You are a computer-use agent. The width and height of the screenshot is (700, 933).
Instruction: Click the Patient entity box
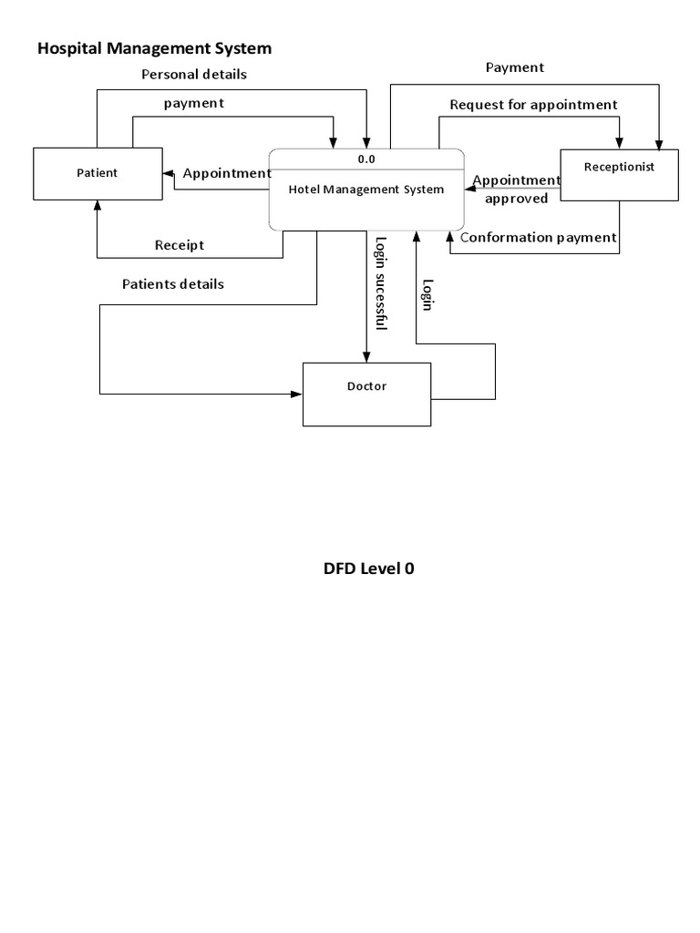[x=98, y=172]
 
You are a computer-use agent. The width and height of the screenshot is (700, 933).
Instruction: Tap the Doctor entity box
[x=366, y=394]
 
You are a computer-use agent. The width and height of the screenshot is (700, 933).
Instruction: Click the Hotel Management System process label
[x=366, y=190]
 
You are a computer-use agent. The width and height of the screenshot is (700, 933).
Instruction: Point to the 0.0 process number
[x=366, y=159]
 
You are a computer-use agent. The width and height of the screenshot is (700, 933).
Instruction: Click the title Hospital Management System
[x=154, y=47]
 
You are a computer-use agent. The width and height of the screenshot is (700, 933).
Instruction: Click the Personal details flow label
[x=193, y=74]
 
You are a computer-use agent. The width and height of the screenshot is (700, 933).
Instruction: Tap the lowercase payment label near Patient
[x=194, y=103]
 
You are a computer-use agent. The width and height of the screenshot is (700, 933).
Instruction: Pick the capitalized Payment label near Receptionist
[x=515, y=67]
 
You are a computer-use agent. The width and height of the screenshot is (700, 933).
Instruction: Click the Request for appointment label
[x=533, y=105]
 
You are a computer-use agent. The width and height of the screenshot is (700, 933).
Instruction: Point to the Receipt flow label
[x=180, y=245]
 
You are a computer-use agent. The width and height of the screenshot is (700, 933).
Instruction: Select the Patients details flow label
[x=173, y=284]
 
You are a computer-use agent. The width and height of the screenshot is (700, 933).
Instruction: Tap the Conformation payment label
[x=539, y=238]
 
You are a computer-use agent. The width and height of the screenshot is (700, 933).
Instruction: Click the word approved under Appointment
[x=516, y=199]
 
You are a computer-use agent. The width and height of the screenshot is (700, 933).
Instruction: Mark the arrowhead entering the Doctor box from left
[x=297, y=395]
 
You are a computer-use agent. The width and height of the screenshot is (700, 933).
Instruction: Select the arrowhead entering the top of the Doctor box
[x=366, y=357]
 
